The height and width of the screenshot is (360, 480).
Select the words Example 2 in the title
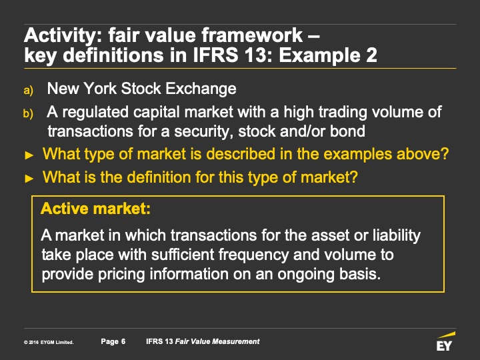[x=328, y=56]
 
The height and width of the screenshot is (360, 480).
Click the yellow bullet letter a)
[x=28, y=90]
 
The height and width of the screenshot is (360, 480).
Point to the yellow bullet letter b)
[x=28, y=113]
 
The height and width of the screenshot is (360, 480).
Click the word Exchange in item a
[x=201, y=89]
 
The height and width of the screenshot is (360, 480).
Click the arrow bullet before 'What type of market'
[x=29, y=155]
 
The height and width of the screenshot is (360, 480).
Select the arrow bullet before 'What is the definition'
[x=29, y=179]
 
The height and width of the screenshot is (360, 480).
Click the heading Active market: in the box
[x=95, y=209]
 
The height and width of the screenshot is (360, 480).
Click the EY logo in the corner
[x=445, y=341]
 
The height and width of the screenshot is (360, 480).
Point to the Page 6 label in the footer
[x=113, y=341]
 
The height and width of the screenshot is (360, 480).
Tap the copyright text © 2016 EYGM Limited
[x=49, y=343]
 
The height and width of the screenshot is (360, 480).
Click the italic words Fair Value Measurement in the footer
[x=217, y=341]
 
